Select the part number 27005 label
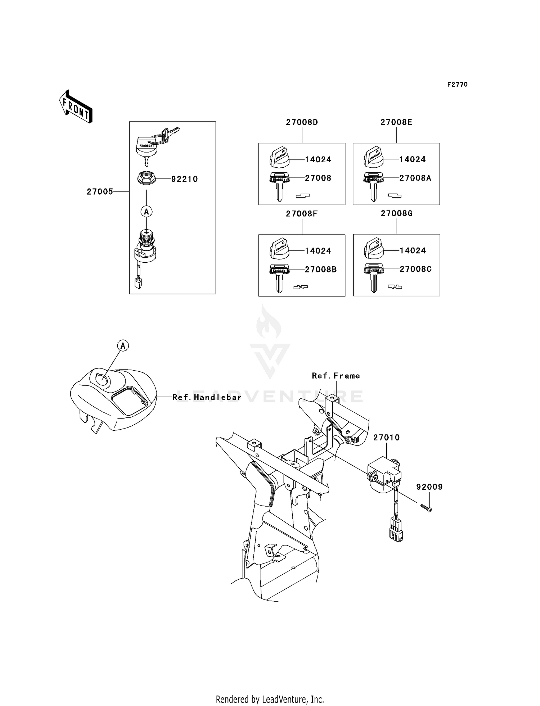100,192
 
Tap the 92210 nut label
184,179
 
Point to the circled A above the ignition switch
147,212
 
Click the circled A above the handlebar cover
123,346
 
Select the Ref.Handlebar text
207,397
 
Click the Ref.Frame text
336,376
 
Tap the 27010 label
386,438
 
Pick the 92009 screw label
429,487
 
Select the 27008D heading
302,122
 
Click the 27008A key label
415,178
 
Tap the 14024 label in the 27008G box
413,251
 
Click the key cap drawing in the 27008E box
374,158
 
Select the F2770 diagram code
457,85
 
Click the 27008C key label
415,269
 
